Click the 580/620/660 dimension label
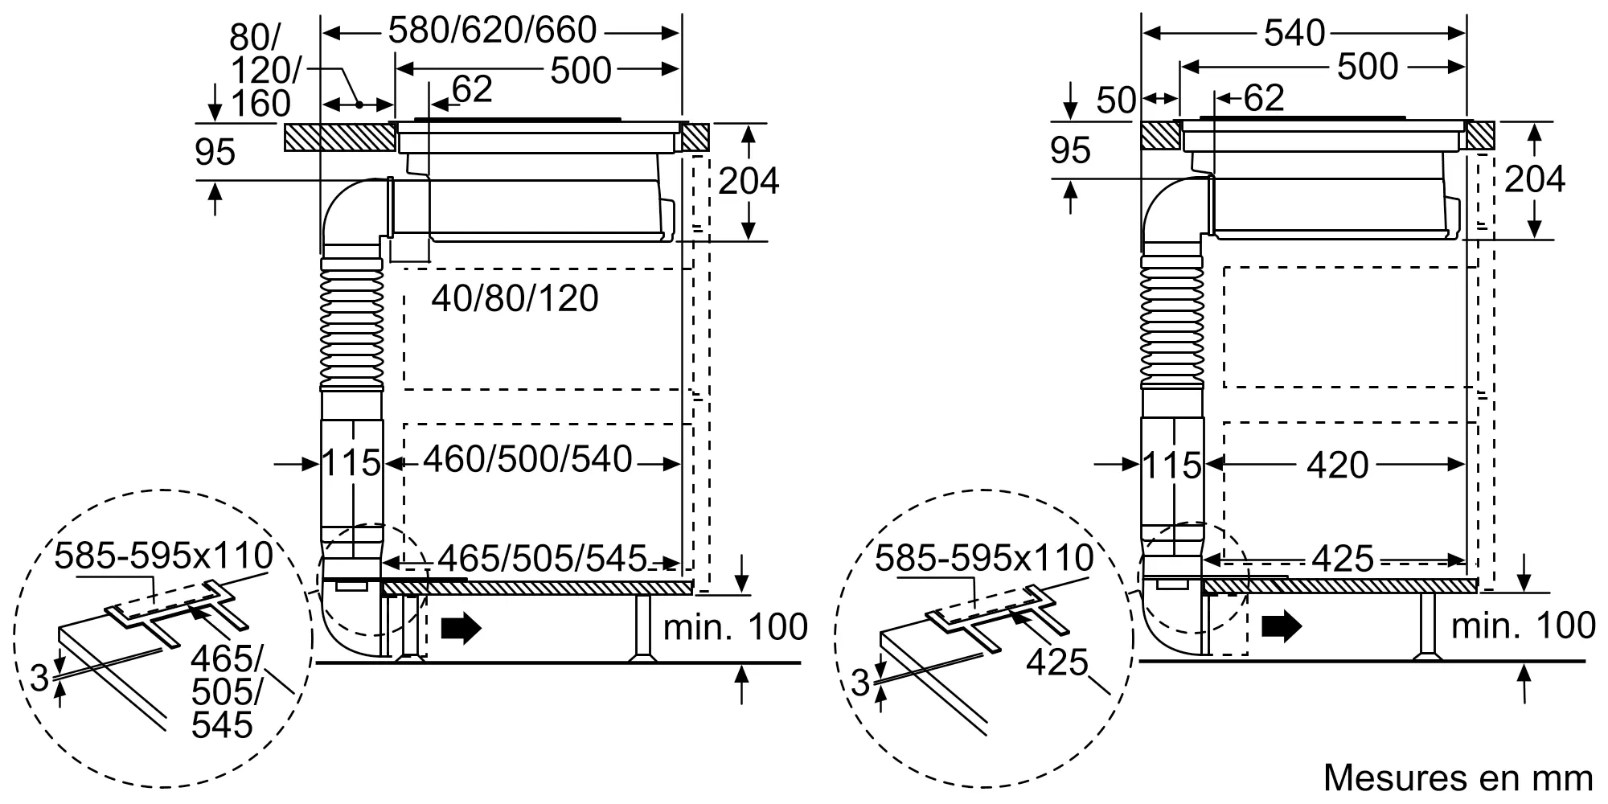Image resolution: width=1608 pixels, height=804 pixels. (492, 31)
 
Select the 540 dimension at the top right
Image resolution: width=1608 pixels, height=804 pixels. (1294, 33)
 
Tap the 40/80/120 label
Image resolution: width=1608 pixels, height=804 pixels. (515, 299)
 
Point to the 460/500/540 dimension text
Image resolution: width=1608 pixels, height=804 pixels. (527, 460)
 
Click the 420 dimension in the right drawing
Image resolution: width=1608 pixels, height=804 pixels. (1338, 466)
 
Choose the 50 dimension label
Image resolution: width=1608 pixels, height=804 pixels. (1116, 100)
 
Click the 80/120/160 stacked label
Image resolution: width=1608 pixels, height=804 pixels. (260, 71)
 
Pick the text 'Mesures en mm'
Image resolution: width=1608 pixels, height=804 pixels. (1458, 777)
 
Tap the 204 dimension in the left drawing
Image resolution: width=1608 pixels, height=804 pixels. (749, 181)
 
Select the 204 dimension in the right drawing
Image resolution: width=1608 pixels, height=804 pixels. (1535, 179)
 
